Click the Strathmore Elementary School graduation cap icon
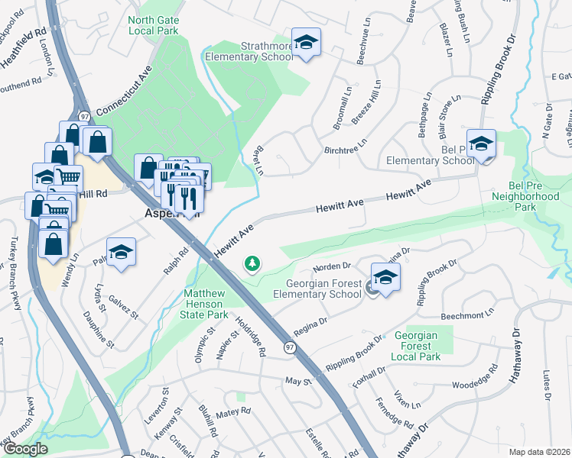[x=306, y=43]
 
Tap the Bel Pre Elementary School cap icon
[x=482, y=144]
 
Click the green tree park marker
[x=251, y=264]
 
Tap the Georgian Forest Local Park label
[x=418, y=346]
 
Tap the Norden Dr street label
[x=331, y=267]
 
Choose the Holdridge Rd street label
[x=250, y=337]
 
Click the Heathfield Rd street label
[x=23, y=43]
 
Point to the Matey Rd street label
[x=233, y=411]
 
